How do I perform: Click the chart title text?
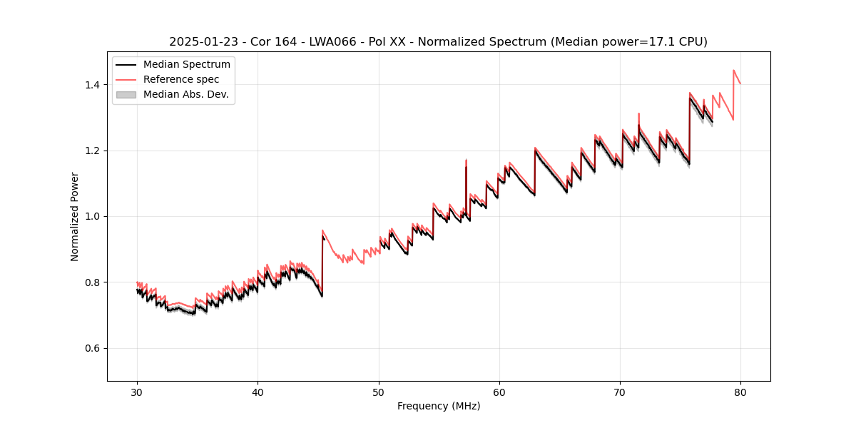click(x=438, y=42)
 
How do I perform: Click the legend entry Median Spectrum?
click(x=186, y=65)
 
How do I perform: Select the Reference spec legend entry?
click(x=181, y=79)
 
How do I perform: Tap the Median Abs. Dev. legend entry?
click(x=185, y=94)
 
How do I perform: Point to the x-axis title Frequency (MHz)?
click(x=439, y=406)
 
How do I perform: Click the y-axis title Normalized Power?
click(x=75, y=216)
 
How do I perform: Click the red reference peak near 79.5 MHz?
click(x=734, y=70)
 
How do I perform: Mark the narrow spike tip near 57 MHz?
click(x=466, y=160)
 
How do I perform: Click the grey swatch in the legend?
click(x=126, y=94)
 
